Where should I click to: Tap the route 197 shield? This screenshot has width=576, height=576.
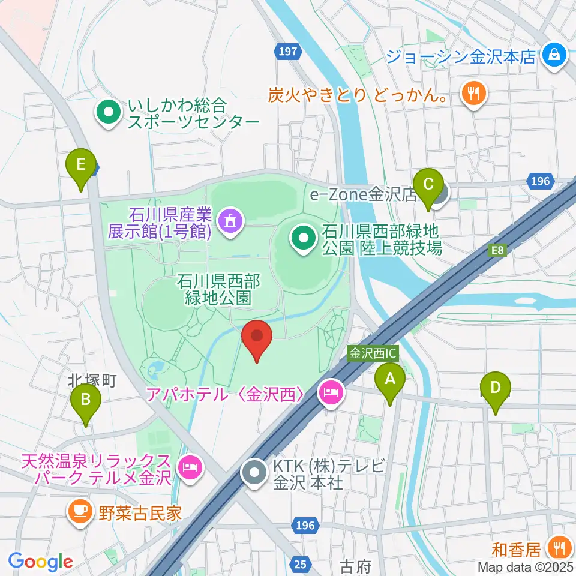tap(289, 52)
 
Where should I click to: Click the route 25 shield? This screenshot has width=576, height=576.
tap(302, 563)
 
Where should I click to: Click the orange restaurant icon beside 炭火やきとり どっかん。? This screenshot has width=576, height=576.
tap(473, 93)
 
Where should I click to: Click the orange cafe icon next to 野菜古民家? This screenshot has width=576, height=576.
tap(80, 512)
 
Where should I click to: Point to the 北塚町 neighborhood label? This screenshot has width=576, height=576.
tap(91, 380)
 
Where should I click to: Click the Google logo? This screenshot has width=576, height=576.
tap(41, 562)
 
